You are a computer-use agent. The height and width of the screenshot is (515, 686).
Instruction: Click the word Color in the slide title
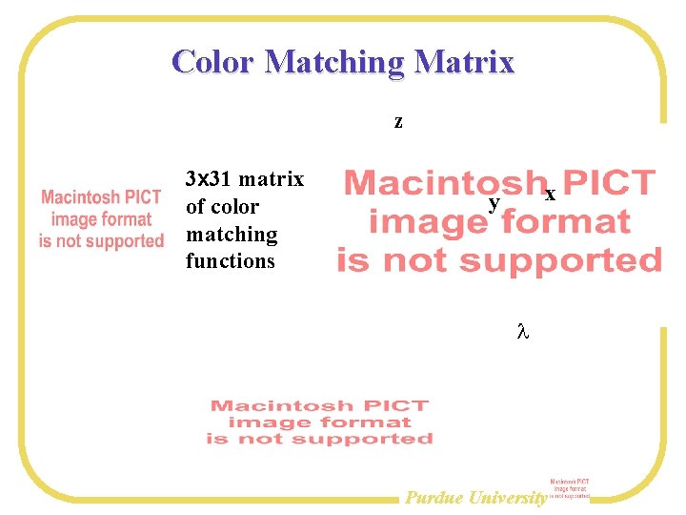pyautogui.click(x=213, y=62)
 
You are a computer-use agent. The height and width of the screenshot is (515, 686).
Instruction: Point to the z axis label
pyautogui.click(x=398, y=122)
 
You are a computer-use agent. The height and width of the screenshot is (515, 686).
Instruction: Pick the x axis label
pyautogui.click(x=550, y=194)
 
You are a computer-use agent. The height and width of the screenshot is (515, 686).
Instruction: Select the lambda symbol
pyautogui.click(x=521, y=333)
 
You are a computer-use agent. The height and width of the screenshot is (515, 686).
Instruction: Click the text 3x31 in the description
pyautogui.click(x=209, y=179)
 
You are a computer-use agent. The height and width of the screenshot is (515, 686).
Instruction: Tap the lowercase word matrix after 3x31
pyautogui.click(x=272, y=179)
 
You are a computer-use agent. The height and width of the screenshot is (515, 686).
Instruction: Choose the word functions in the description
pyautogui.click(x=230, y=261)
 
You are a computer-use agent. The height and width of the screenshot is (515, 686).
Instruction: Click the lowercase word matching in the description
pyautogui.click(x=232, y=235)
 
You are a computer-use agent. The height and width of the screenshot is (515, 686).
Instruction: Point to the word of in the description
pyautogui.click(x=195, y=207)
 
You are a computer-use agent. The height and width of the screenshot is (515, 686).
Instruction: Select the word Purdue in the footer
pyautogui.click(x=434, y=497)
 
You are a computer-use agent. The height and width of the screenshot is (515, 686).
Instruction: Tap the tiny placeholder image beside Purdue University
pyautogui.click(x=570, y=489)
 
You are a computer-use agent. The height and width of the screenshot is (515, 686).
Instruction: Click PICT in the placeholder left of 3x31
pyautogui.click(x=140, y=197)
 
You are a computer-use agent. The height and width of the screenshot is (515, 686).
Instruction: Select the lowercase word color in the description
pyautogui.click(x=236, y=207)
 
